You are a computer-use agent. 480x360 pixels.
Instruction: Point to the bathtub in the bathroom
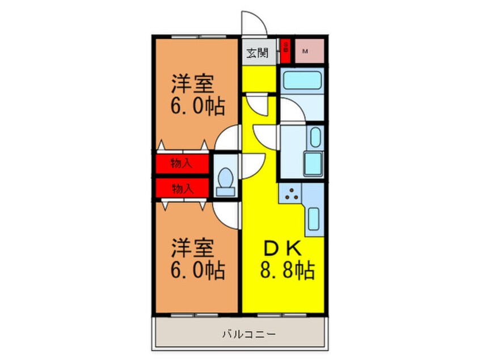point(302,81)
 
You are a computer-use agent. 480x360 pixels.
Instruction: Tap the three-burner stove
point(292,195)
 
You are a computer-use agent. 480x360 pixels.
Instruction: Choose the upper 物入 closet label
point(182,164)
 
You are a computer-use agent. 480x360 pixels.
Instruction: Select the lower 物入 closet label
point(182,188)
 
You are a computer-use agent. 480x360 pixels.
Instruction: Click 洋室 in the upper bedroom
point(193,84)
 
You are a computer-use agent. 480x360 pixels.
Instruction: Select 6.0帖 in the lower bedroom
point(198,269)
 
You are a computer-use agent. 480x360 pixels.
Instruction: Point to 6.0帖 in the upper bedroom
point(198,105)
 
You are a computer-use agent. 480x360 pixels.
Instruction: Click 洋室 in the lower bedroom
point(193,248)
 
